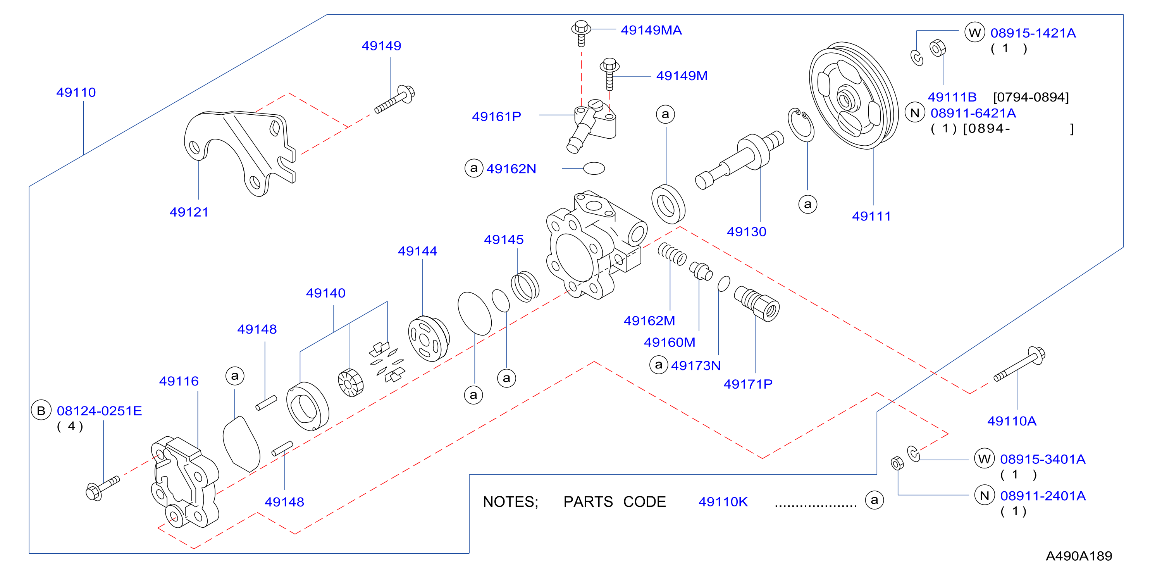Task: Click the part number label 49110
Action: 76,93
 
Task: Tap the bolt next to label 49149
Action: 395,99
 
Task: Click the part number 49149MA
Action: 651,30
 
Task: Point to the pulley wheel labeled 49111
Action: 854,96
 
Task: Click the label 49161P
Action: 496,117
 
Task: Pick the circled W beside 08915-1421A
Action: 974,33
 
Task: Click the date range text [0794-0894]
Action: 1031,97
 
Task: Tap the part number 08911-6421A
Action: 973,113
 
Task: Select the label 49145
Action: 503,239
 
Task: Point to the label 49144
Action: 417,251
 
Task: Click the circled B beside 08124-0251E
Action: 41,410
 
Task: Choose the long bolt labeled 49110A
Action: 1019,364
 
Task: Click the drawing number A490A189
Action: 1079,556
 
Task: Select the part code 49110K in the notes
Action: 723,501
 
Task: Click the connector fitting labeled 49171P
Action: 756,303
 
